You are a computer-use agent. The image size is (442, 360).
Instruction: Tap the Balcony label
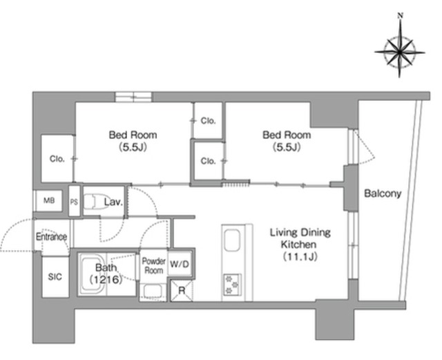(383, 193)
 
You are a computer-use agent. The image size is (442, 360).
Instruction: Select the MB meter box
(48, 201)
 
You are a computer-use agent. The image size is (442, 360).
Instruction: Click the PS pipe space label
(74, 202)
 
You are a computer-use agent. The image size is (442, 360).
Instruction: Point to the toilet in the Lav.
(95, 202)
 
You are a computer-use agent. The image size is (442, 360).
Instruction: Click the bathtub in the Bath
(92, 274)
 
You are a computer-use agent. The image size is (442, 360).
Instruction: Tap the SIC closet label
(55, 277)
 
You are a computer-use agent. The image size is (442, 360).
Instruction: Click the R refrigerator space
(182, 290)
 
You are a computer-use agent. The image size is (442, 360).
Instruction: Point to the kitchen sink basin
(232, 240)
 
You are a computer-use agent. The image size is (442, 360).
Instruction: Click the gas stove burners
(232, 285)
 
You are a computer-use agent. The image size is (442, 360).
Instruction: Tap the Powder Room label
(153, 265)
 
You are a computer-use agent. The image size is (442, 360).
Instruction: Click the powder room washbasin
(153, 291)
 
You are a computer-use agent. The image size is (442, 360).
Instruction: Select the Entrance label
(51, 237)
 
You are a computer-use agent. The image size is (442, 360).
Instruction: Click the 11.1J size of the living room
(300, 257)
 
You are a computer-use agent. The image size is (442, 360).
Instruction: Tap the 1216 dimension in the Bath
(106, 280)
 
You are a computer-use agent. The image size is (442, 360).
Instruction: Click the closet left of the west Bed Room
(57, 158)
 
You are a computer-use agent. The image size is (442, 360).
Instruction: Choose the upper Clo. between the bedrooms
(208, 121)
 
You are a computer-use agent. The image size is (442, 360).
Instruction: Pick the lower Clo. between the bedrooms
(208, 161)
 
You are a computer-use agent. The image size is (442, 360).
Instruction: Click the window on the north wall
(133, 97)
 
